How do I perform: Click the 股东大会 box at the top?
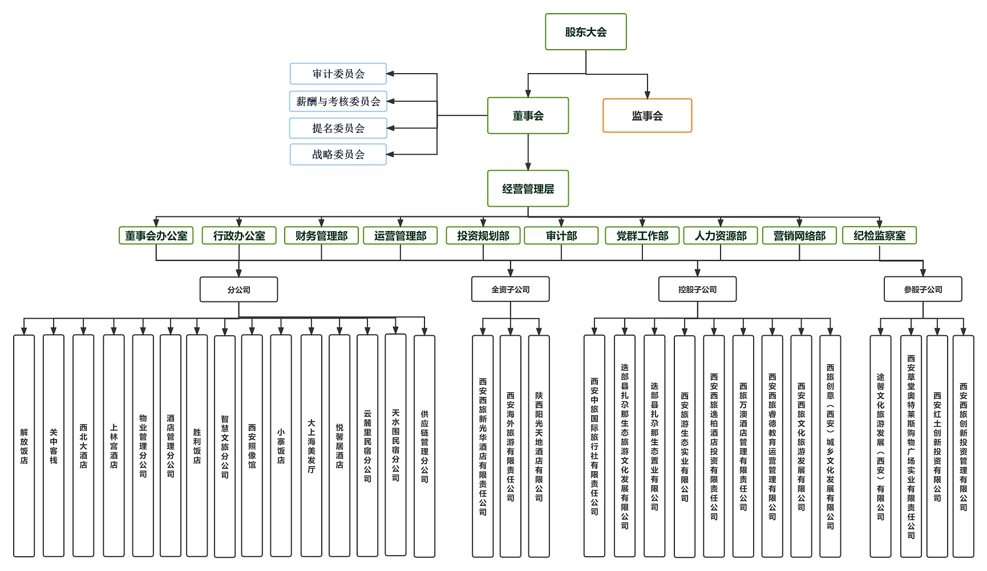[585, 32]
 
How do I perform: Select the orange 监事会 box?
[647, 116]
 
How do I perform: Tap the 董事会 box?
[528, 116]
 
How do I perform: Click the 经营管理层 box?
[528, 188]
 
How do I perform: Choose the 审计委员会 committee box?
[338, 74]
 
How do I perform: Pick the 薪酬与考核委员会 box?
[338, 101]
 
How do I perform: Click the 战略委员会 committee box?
[338, 154]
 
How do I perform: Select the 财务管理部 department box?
[321, 236]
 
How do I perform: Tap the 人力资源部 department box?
[720, 236]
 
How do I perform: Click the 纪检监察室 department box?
[879, 236]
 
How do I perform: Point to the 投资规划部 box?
[483, 236]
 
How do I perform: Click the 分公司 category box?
[238, 289]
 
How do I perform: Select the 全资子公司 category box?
[510, 289]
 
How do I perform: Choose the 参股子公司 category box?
[923, 289]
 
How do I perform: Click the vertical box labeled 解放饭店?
[24, 445]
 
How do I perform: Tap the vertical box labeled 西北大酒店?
[83, 445]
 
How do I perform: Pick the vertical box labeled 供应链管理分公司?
[424, 445]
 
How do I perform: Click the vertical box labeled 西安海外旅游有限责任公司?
[510, 445]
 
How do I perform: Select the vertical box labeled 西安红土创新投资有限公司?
[937, 445]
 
